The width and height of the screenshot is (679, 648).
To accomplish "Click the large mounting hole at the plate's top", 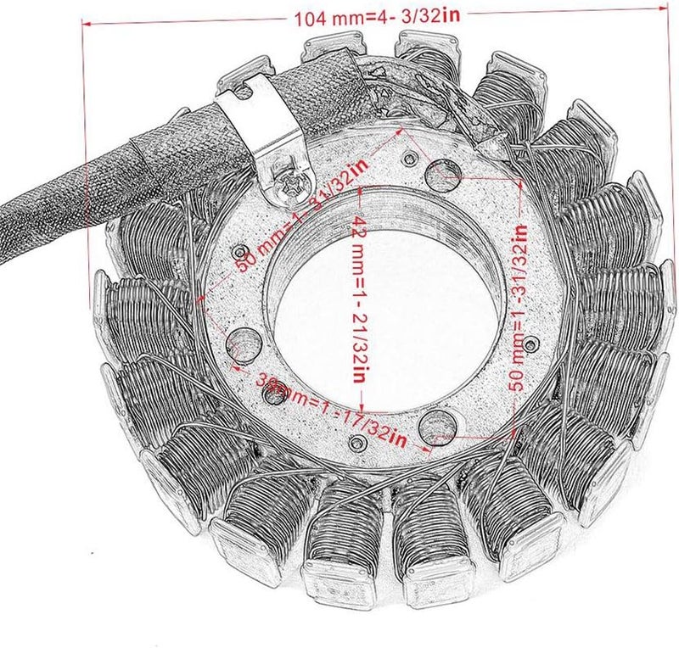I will click(443, 175).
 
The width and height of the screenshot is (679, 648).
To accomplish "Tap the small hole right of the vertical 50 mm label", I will click(531, 343).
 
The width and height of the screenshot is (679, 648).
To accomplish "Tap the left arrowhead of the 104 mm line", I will click(84, 25).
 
